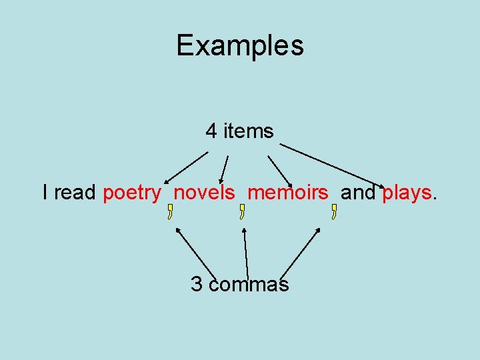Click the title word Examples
pos(240,45)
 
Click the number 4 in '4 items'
pos(211,131)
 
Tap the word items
pos(248,131)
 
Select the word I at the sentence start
pos(45,193)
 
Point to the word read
pos(75,193)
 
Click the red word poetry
pos(132,193)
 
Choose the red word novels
pos(204,193)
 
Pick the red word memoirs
pos(288,193)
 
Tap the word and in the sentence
pos(358,193)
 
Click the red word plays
pos(407,193)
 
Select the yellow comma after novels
pos(242,213)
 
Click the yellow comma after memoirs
pos(333,213)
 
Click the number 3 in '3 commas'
pos(197,285)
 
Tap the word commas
pos(249,285)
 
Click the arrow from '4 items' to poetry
pos(187,167)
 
